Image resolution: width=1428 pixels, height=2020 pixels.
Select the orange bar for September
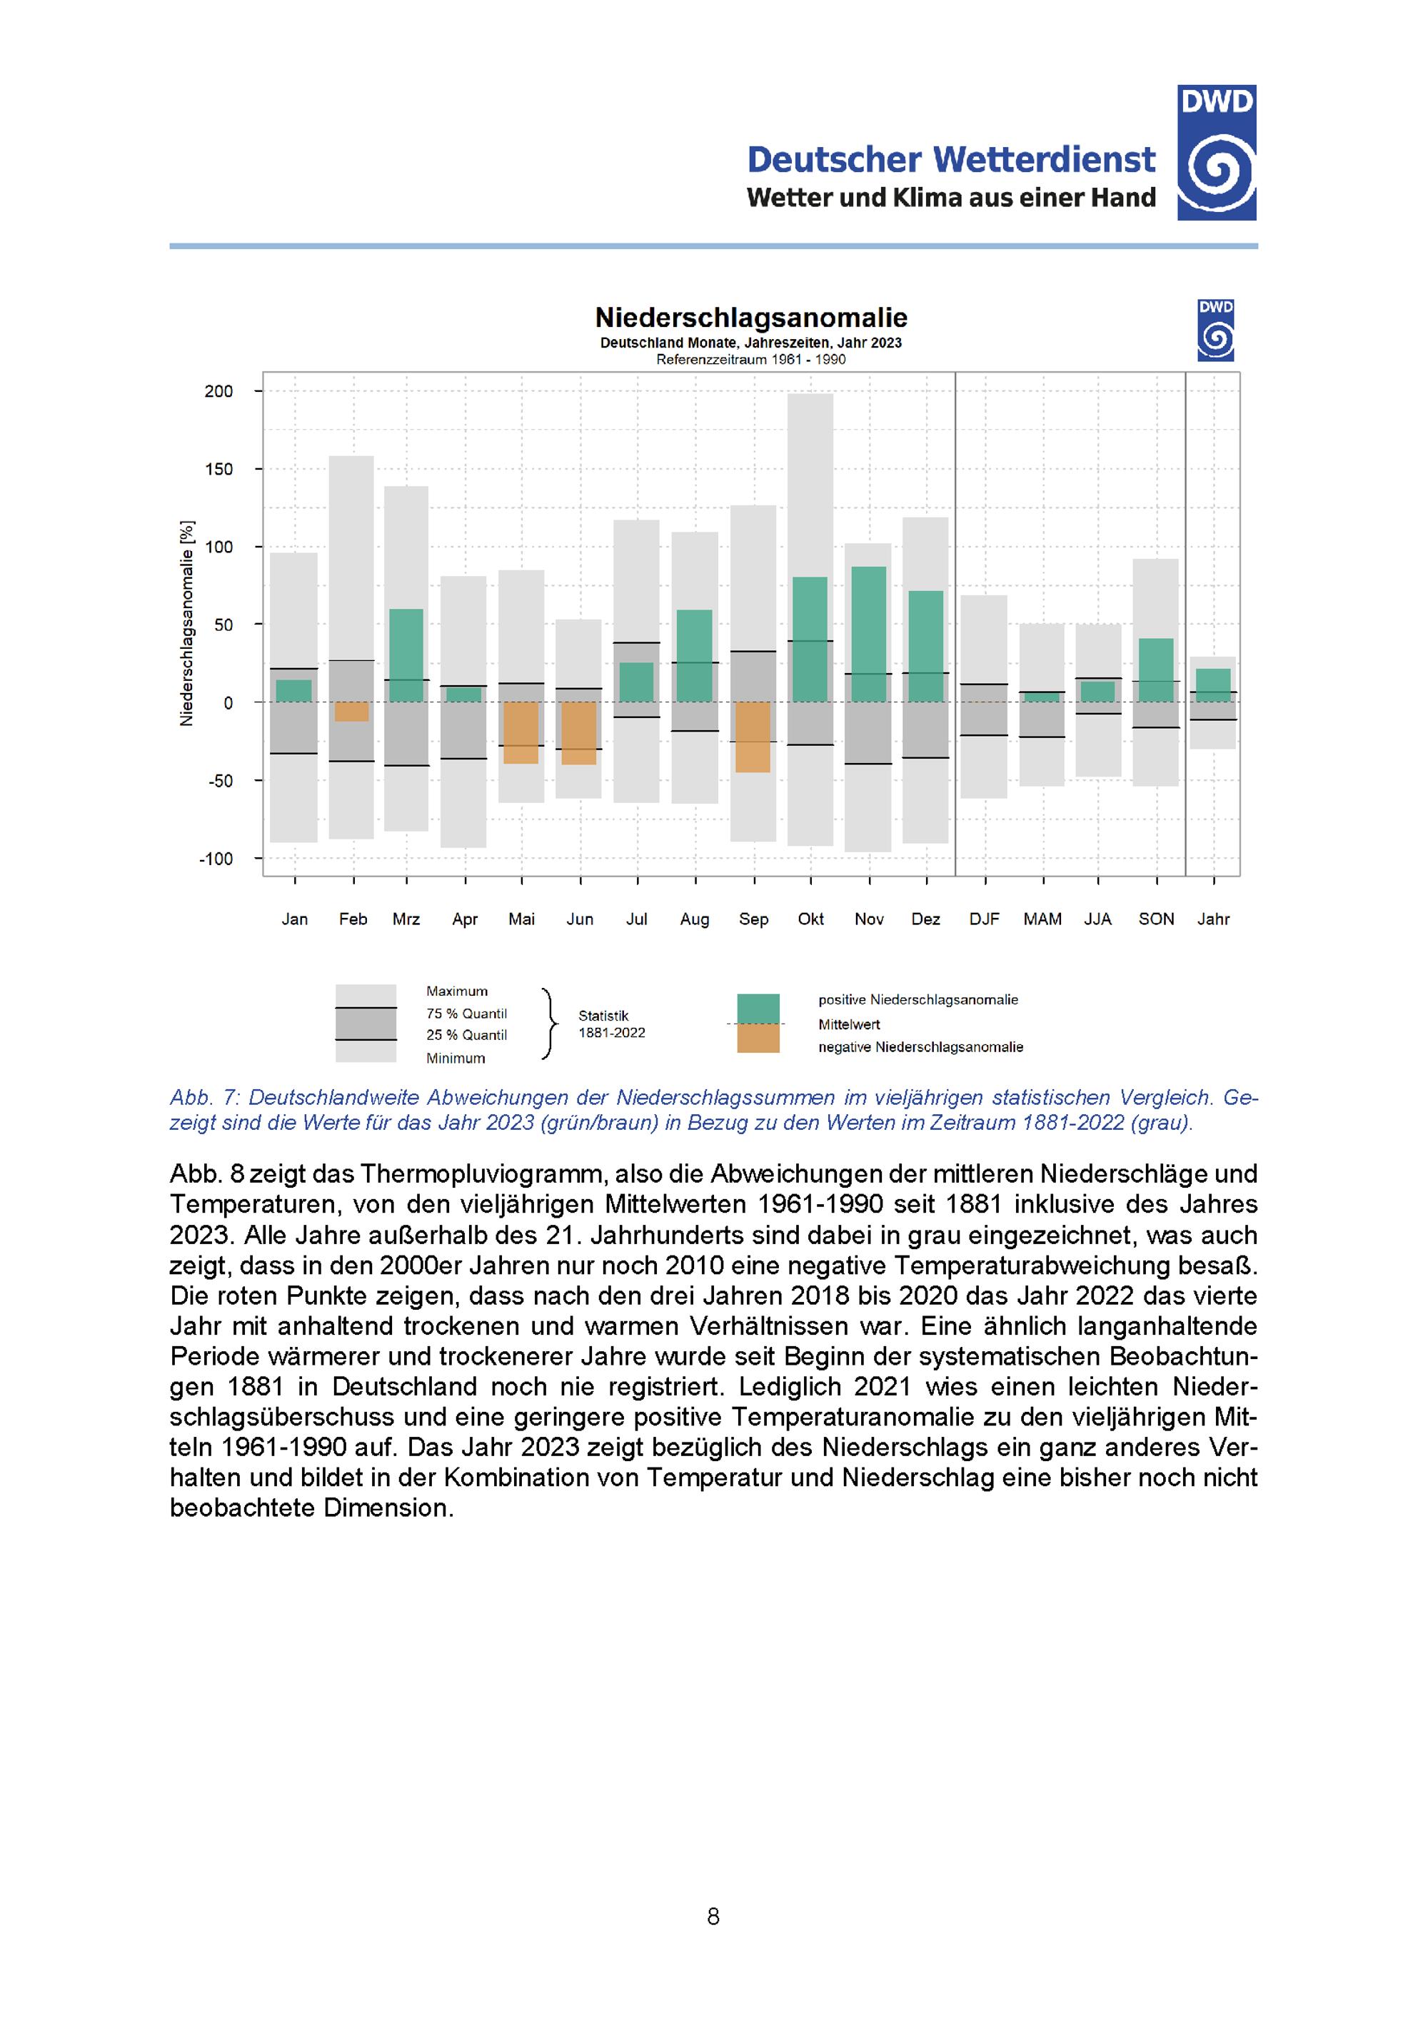tap(753, 737)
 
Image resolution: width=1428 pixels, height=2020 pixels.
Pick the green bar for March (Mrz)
tap(406, 655)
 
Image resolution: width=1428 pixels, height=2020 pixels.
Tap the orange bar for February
tap(352, 711)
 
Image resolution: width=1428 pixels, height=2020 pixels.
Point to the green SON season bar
tap(1156, 670)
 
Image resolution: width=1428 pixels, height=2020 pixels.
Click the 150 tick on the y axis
tap(219, 469)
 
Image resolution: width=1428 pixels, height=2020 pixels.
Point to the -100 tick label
tap(216, 859)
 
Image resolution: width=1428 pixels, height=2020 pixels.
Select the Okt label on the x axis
tap(810, 919)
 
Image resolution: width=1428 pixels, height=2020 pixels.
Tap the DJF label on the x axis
tap(984, 919)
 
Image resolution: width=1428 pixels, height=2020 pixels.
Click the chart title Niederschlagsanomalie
tap(750, 318)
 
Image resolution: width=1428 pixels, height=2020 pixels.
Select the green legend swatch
tap(758, 1009)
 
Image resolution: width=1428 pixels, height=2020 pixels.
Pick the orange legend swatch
tap(758, 1038)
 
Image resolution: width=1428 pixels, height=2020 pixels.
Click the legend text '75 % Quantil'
tap(466, 1014)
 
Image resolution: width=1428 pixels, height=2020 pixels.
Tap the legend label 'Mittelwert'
tap(848, 1024)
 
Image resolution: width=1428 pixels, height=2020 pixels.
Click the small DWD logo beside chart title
tap(1215, 330)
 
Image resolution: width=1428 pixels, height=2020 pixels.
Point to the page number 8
tap(713, 1917)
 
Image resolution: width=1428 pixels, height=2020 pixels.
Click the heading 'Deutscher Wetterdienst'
tap(950, 159)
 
